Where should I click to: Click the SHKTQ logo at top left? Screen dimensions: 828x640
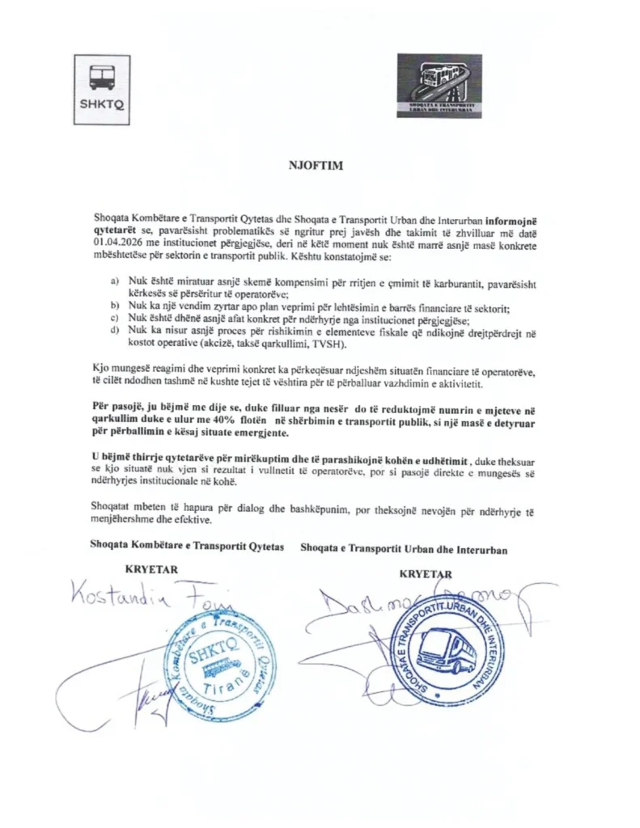click(102, 86)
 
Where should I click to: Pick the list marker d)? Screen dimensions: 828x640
click(114, 332)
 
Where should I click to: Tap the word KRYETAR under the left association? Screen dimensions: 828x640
click(152, 569)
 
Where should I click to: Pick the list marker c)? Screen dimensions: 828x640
click(114, 319)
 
